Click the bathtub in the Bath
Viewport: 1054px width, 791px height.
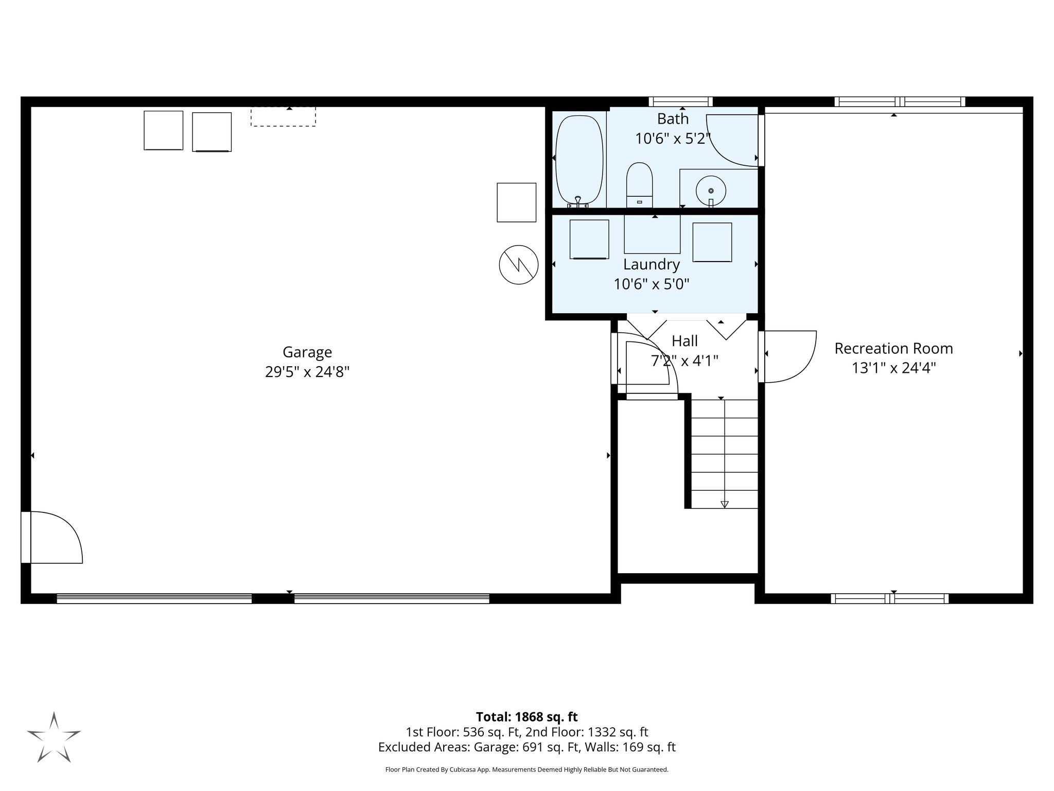coord(579,161)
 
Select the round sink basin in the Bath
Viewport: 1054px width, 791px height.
coord(711,191)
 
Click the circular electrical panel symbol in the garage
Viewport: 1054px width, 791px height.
coord(518,265)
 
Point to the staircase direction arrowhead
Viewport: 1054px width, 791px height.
coord(725,505)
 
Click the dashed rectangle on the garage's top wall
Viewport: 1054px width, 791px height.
coord(283,116)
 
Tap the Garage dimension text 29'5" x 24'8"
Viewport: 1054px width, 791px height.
coord(307,372)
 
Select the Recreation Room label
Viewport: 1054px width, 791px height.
coord(893,349)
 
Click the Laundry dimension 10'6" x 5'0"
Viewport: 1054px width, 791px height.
coord(651,284)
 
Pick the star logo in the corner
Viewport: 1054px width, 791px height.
coord(54,737)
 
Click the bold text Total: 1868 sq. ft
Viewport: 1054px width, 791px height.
coord(526,717)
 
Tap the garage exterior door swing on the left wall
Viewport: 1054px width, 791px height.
coord(54,537)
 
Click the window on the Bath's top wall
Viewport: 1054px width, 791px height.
coord(680,101)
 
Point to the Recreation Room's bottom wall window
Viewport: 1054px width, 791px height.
coord(889,598)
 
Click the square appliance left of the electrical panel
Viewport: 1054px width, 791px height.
coord(516,202)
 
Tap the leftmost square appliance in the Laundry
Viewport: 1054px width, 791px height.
coord(589,239)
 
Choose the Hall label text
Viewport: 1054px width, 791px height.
coord(684,341)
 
